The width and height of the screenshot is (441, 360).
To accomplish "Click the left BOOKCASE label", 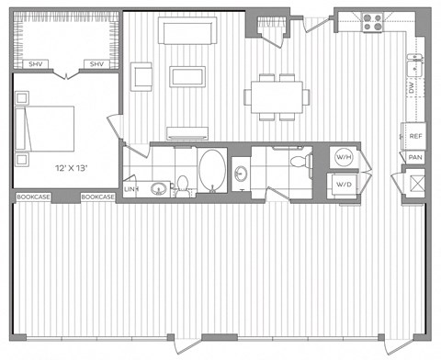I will click(32, 197).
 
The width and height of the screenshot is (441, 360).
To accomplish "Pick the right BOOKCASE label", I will click(97, 197).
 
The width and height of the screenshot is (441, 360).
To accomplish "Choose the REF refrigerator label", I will click(415, 136).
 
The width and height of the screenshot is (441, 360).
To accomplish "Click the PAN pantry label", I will click(415, 157).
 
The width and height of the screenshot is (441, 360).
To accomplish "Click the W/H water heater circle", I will click(345, 156).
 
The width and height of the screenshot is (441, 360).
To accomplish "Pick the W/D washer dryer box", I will click(345, 184).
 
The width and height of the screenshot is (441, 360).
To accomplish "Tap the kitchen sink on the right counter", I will click(415, 64).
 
